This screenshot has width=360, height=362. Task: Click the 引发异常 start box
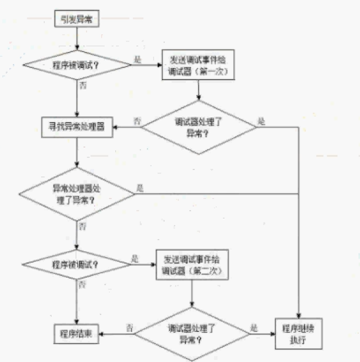pos(77,20)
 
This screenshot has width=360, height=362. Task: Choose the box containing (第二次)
pos(191,266)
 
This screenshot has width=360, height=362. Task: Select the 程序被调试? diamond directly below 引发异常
pos(77,64)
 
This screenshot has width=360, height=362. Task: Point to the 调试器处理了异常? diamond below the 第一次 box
pos(198,127)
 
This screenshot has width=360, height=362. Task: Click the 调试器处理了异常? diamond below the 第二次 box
pos(191,334)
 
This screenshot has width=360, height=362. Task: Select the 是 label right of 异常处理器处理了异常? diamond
pos(139,188)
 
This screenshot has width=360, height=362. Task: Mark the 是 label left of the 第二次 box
pos(135,258)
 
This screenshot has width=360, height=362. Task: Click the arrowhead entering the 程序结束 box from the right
pos(103,334)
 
